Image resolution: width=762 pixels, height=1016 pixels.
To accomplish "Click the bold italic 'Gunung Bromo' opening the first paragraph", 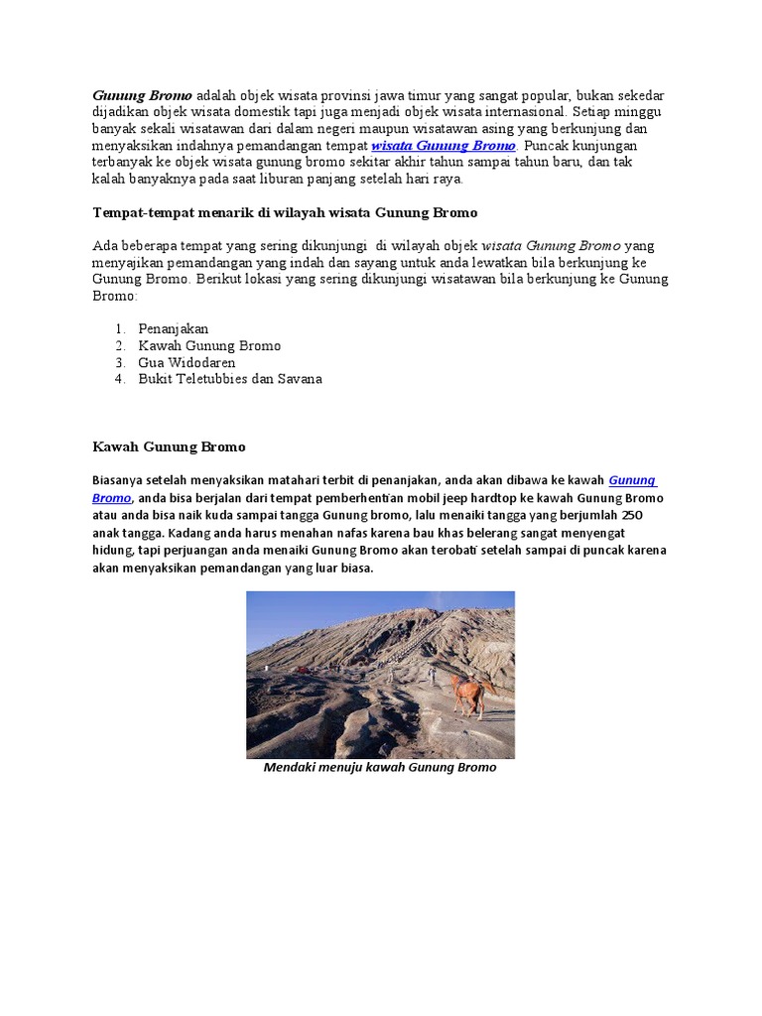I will tap(143, 95).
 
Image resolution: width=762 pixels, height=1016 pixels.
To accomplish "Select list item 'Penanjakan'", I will tap(174, 328).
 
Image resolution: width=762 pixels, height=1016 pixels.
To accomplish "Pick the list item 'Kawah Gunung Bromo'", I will tap(209, 345).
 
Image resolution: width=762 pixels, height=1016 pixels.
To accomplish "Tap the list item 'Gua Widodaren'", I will tap(188, 362).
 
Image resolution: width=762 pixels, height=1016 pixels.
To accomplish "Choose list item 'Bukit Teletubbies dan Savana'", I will tap(230, 379).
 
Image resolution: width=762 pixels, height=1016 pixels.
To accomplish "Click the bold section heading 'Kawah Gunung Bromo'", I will tap(169, 446).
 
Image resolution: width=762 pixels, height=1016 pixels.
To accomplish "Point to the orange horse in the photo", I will tap(472, 691).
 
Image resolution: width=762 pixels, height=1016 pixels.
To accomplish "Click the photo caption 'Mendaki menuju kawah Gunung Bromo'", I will tap(380, 768).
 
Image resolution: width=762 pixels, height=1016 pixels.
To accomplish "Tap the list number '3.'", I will tap(119, 362).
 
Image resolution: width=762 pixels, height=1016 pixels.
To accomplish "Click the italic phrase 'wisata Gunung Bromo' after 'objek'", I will tap(552, 245).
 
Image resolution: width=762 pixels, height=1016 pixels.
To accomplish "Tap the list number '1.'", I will tap(119, 328).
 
